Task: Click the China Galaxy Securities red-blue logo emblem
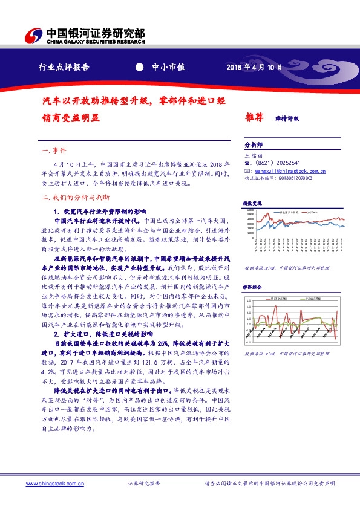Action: point(36,36)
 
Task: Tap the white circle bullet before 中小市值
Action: point(139,67)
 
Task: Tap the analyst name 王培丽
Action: point(251,156)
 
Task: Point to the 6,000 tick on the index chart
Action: point(250,213)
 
